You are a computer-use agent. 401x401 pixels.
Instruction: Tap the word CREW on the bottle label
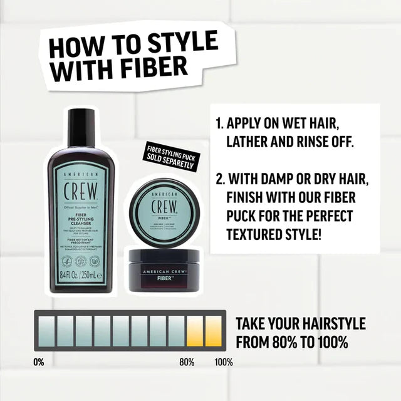81,190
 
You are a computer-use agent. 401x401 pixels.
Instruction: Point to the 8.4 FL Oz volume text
67,274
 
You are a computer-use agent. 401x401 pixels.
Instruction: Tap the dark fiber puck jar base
164,269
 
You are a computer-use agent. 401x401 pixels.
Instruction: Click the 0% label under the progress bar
39,362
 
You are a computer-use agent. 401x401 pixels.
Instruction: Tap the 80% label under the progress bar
187,362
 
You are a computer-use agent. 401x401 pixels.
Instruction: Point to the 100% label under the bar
224,362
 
